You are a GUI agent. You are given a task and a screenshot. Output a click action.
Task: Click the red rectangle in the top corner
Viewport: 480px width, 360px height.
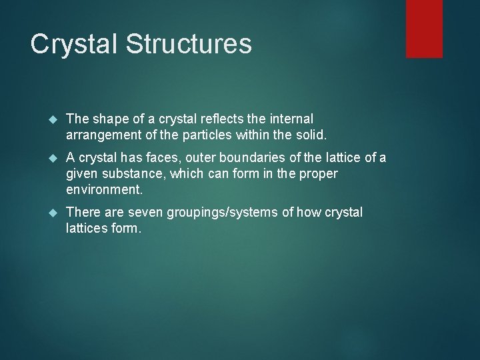[x=425, y=28]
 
